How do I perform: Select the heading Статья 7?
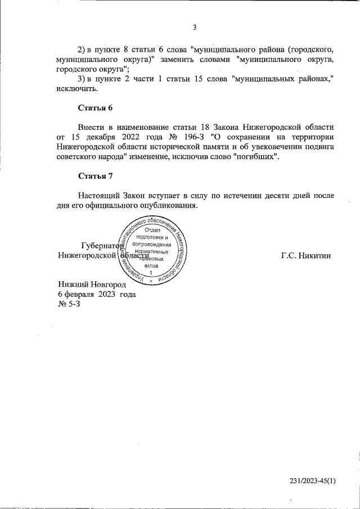(x=96, y=177)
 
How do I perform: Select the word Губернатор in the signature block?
(x=102, y=246)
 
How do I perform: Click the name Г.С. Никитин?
(x=307, y=255)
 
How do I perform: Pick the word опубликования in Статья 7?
(x=167, y=205)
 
